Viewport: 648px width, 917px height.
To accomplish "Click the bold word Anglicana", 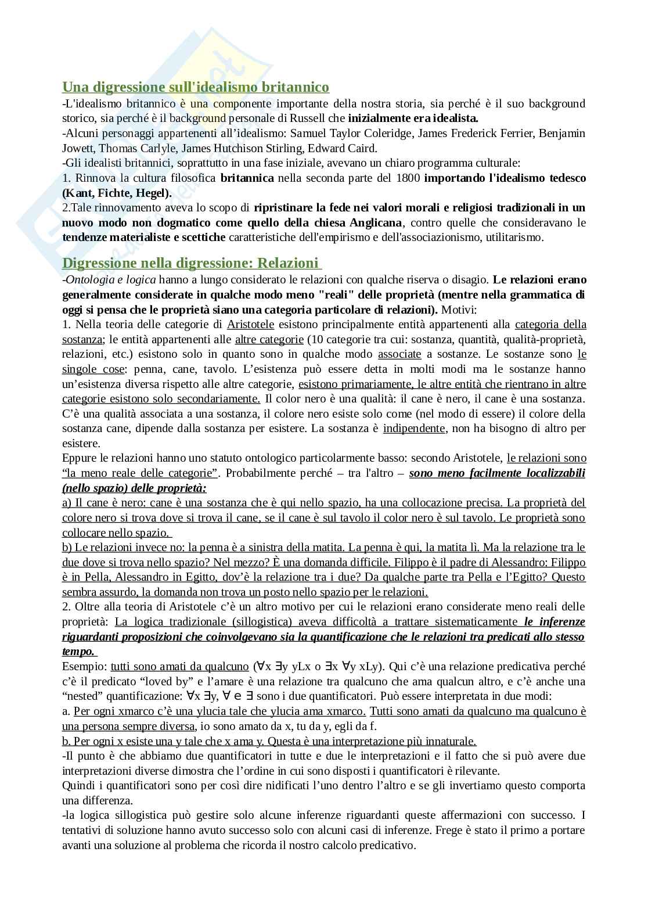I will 376,222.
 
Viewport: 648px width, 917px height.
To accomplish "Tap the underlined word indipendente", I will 415,429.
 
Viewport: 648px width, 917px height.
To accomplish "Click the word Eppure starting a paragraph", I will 80,458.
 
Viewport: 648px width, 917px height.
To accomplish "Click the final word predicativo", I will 387,845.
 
